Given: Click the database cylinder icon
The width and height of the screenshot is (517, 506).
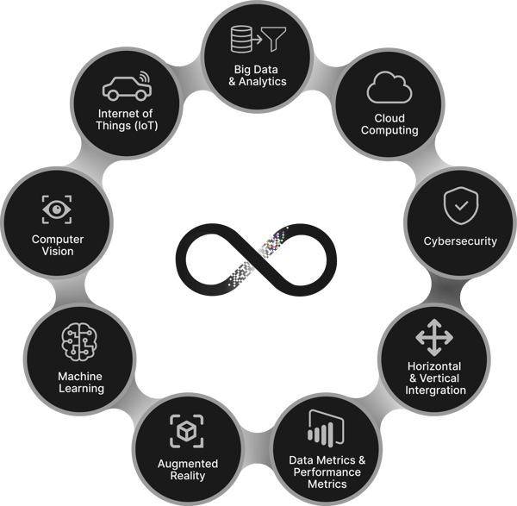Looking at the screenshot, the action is pyautogui.click(x=241, y=39).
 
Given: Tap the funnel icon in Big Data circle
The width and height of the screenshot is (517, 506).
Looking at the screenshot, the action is pyautogui.click(x=274, y=39).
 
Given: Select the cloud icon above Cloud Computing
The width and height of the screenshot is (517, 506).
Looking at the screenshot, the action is pyautogui.click(x=389, y=87).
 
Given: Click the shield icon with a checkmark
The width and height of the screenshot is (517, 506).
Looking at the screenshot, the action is pyautogui.click(x=461, y=205).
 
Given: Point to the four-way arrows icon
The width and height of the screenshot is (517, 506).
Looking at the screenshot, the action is pyautogui.click(x=434, y=337).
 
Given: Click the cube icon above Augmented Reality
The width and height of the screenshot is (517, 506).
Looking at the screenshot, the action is pyautogui.click(x=187, y=431).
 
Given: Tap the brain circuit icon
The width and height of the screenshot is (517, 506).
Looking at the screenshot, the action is pyautogui.click(x=79, y=341).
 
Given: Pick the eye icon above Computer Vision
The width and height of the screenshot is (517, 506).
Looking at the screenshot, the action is pyautogui.click(x=57, y=209).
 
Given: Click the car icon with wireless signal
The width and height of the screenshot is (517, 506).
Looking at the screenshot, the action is pyautogui.click(x=127, y=86).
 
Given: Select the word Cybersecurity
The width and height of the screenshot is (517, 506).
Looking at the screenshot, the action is pyautogui.click(x=460, y=241).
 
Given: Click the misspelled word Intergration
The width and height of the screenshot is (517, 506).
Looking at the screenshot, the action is pyautogui.click(x=435, y=390).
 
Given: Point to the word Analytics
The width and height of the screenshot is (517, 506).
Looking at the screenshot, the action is pyautogui.click(x=263, y=82).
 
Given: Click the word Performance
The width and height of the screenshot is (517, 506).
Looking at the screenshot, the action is pyautogui.click(x=327, y=472).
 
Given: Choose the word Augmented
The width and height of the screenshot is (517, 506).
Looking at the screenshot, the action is pyautogui.click(x=188, y=464).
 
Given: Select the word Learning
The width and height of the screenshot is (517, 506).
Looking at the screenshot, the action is pyautogui.click(x=82, y=388).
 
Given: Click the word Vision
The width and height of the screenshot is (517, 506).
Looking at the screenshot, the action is pyautogui.click(x=58, y=252).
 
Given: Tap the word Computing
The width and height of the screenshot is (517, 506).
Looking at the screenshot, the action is pyautogui.click(x=389, y=130).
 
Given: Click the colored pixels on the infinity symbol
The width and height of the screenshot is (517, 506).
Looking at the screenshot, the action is pyautogui.click(x=274, y=241).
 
